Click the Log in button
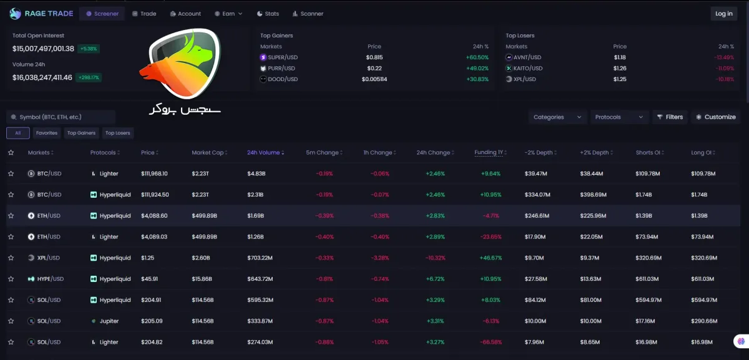[723, 14]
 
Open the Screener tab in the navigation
[102, 14]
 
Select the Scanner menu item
[308, 14]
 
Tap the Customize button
[716, 117]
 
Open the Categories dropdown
[557, 117]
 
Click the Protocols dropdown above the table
[619, 117]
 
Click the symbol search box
[61, 117]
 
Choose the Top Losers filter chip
[118, 133]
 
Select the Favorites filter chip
[46, 133]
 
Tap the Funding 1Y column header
[490, 152]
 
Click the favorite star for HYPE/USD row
[11, 279]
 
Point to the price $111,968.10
[154, 173]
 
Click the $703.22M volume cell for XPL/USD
[260, 258]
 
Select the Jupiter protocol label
[109, 321]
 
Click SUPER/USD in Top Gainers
[283, 57]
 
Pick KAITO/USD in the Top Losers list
[527, 68]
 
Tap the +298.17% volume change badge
[89, 77]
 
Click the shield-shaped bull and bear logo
[180, 64]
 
